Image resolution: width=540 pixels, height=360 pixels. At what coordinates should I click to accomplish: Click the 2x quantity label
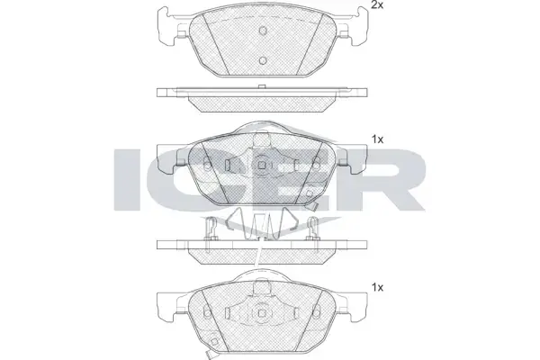coord(377,5)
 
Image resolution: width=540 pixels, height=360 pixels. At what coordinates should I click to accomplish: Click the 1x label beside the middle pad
coord(377,139)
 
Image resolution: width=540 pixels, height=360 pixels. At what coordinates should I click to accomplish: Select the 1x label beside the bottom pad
coord(377,287)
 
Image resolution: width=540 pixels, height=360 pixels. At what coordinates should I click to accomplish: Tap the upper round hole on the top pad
coord(263,31)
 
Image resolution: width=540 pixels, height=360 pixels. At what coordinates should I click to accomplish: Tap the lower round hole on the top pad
coord(263,60)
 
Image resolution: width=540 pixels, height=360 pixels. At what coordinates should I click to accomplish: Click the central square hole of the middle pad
coord(262,166)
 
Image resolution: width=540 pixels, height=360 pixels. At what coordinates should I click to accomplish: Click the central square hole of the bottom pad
coord(262,313)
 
